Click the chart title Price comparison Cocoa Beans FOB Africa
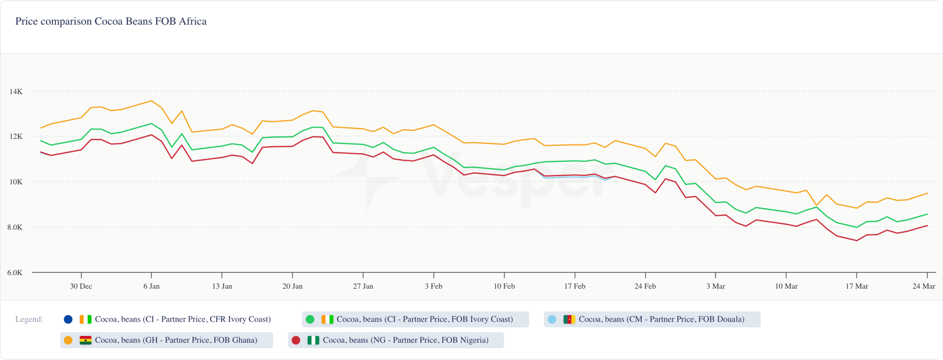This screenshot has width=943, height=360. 111,22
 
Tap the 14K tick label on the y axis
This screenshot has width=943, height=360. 16,92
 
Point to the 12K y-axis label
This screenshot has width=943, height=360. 16,137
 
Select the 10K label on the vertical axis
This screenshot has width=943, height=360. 16,182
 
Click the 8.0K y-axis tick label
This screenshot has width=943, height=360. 15,227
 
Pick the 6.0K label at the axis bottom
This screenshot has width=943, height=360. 15,273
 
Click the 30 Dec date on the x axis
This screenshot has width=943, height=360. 81,286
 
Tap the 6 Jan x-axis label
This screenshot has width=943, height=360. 151,286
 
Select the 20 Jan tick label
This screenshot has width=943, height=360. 292,286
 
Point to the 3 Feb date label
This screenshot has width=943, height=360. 434,286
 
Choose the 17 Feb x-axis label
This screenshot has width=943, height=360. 575,286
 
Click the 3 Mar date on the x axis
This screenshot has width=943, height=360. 716,286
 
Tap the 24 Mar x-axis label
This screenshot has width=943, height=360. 924,286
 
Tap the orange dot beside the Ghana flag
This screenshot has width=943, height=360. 68,340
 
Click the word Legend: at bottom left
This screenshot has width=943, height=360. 29,319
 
